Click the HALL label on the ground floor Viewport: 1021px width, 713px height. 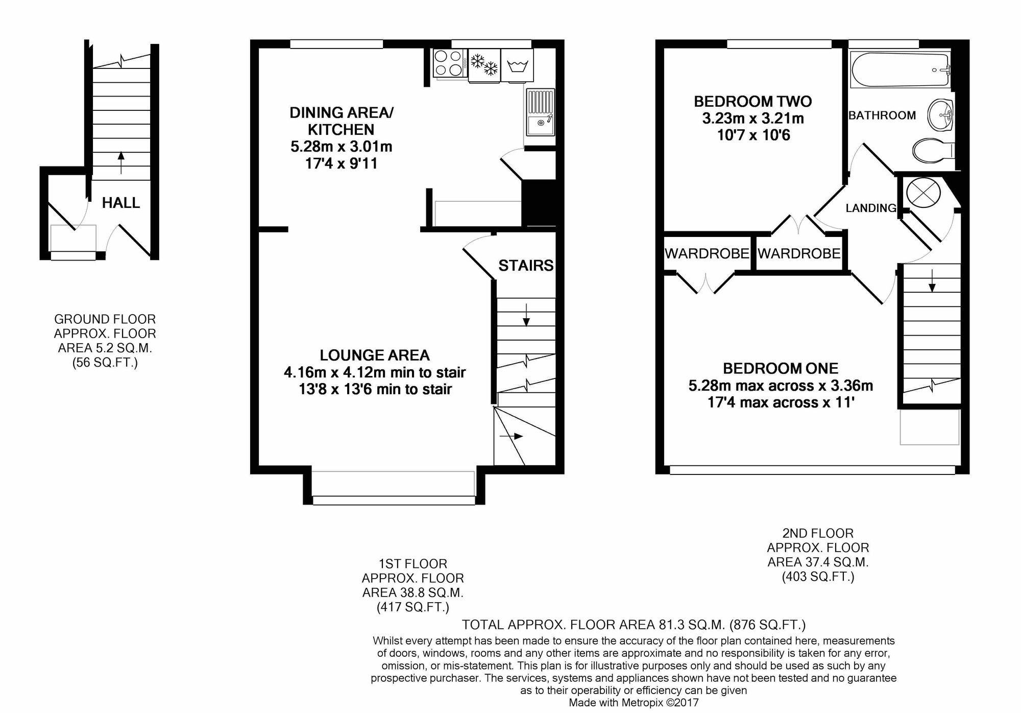click(121, 203)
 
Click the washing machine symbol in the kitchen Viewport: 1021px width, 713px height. click(517, 65)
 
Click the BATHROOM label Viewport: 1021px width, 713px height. click(882, 115)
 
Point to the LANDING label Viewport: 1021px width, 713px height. click(871, 208)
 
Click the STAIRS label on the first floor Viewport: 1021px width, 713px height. click(526, 266)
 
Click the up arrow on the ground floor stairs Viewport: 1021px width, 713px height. click(121, 162)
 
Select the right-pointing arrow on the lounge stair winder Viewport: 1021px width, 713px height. click(511, 436)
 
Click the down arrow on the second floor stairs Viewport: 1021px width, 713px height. click(932, 281)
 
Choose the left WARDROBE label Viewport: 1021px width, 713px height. click(707, 253)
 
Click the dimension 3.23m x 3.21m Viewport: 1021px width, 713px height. click(753, 118)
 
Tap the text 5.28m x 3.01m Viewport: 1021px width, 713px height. click(342, 147)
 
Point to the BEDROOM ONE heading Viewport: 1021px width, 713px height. click(781, 368)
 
